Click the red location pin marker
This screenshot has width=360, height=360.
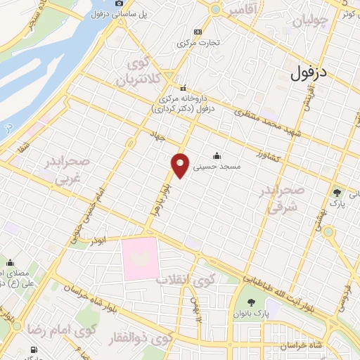click(x=181, y=165)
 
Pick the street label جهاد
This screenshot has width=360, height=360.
click(x=156, y=134)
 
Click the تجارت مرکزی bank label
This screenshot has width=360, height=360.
click(x=201, y=42)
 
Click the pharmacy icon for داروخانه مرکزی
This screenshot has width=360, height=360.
click(x=182, y=89)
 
